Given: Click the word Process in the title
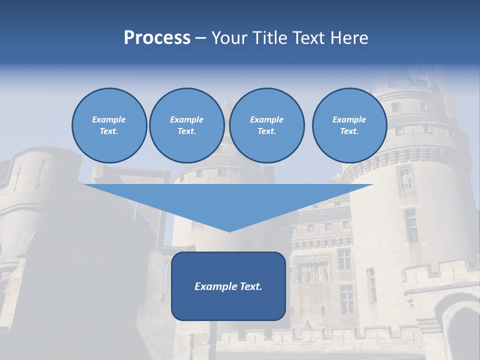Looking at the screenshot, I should (x=157, y=38).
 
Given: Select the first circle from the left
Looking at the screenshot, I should (x=109, y=125).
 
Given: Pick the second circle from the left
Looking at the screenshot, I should (x=186, y=125).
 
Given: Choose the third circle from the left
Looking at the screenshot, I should (x=266, y=125).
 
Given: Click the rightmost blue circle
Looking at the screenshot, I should (x=349, y=125).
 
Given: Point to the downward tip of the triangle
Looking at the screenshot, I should (x=228, y=230).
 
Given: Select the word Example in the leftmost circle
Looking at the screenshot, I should (x=109, y=119).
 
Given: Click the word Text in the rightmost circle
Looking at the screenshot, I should (x=348, y=131).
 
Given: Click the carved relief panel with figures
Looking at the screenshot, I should (x=313, y=270).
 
